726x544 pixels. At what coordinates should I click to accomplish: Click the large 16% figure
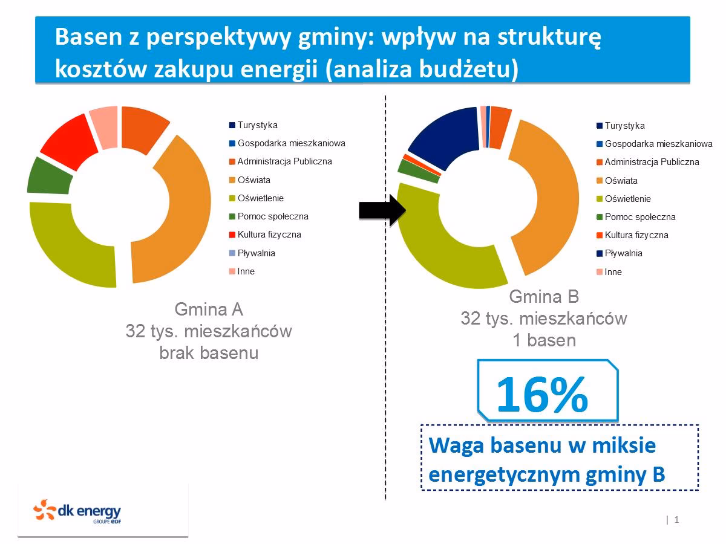click(541, 393)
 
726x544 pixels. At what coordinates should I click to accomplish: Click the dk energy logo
click(77, 511)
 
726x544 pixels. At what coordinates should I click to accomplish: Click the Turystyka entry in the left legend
click(257, 125)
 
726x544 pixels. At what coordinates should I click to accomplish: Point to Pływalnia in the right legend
click(623, 253)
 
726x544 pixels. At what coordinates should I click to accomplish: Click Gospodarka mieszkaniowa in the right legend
click(658, 144)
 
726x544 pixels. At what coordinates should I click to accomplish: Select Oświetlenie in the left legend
click(260, 198)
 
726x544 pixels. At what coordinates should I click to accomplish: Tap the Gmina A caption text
click(209, 309)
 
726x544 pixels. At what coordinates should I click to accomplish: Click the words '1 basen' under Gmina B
click(544, 340)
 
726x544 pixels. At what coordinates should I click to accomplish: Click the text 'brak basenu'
click(209, 353)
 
